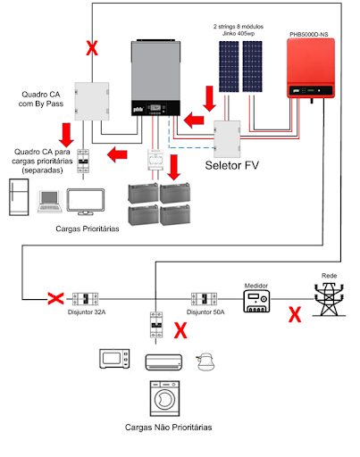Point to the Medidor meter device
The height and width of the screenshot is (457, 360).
point(258,301)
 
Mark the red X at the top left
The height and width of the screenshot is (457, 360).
point(90,48)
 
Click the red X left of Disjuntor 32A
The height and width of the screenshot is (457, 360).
point(54,297)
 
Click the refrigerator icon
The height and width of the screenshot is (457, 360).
point(17,197)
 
